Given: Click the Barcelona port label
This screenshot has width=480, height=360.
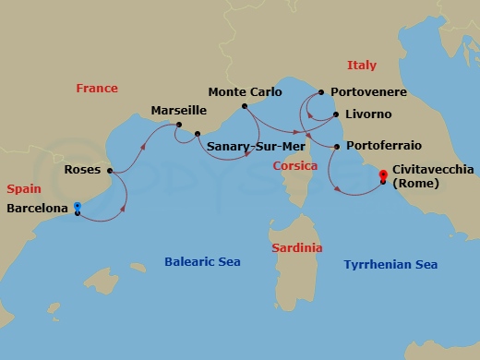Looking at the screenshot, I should (x=37, y=210).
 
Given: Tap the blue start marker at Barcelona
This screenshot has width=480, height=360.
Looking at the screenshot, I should (x=78, y=207).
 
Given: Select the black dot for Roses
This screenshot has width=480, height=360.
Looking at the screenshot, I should (x=110, y=171).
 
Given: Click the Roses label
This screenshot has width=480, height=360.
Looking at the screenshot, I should (x=83, y=171).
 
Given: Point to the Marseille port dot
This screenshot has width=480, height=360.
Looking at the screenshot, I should (x=179, y=126).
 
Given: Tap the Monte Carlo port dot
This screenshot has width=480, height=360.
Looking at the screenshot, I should (x=245, y=106).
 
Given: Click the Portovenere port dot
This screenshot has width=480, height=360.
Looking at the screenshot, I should (x=320, y=93).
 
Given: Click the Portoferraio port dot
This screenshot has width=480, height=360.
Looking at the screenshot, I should (x=338, y=147).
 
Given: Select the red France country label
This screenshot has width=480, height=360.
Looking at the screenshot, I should (x=97, y=89).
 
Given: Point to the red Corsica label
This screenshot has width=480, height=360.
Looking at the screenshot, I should (x=295, y=166).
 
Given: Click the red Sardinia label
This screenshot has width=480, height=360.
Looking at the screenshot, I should (x=297, y=248).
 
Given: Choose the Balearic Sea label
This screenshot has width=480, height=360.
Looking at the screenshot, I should (x=202, y=262).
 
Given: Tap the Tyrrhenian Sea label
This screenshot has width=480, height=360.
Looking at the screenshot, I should (x=390, y=265).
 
